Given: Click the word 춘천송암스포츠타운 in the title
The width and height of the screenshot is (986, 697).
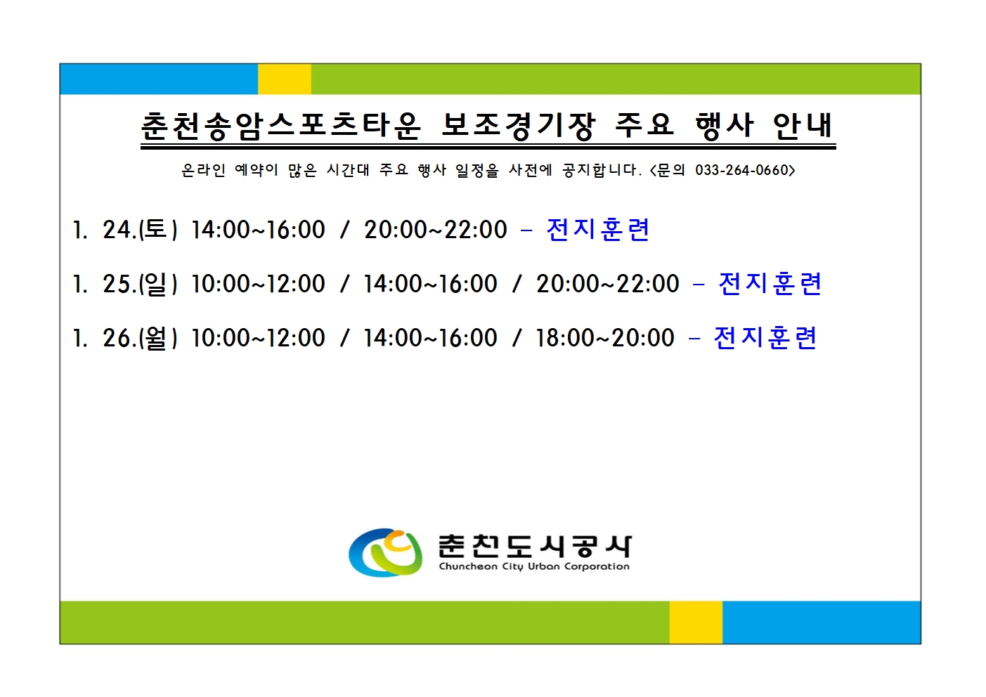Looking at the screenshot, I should pyautogui.click(x=280, y=126).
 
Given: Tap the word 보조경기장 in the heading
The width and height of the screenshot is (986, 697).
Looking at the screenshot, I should pyautogui.click(x=518, y=126).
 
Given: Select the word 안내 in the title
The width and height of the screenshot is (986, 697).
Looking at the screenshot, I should pyautogui.click(x=803, y=126).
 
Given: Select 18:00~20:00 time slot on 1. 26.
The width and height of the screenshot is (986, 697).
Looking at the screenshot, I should pyautogui.click(x=604, y=338).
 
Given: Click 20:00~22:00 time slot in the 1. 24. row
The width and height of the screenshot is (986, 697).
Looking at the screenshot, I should pyautogui.click(x=436, y=230).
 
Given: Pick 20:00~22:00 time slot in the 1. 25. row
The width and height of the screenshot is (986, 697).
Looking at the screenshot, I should pyautogui.click(x=608, y=284).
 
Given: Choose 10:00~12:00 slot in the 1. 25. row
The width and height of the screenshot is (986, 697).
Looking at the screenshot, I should pyautogui.click(x=258, y=284).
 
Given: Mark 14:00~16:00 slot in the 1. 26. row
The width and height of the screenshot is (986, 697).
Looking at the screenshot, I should pyautogui.click(x=430, y=338).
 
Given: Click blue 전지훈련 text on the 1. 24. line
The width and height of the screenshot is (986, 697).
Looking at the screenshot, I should pyautogui.click(x=598, y=230).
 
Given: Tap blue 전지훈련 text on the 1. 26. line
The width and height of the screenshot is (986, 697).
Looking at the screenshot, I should pyautogui.click(x=765, y=338).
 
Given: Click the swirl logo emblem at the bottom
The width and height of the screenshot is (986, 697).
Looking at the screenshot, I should pyautogui.click(x=386, y=552).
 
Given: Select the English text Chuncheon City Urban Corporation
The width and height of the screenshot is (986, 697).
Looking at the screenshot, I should pyautogui.click(x=534, y=566).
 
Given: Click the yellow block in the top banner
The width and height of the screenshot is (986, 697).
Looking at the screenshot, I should pyautogui.click(x=285, y=79).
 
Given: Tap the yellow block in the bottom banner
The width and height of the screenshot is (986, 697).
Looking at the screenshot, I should pyautogui.click(x=696, y=622).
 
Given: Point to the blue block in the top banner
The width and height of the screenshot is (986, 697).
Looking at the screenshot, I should pyautogui.click(x=159, y=79).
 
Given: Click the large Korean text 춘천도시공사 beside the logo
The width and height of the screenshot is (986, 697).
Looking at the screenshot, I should pyautogui.click(x=534, y=545).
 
